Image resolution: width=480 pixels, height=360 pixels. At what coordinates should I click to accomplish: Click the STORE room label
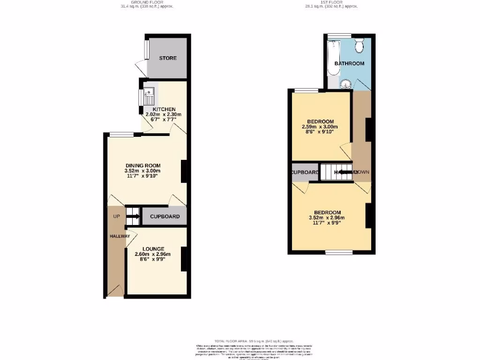168,58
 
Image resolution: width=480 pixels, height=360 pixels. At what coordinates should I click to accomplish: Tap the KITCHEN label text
164,109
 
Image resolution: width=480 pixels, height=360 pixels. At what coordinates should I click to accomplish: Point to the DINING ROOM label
143,165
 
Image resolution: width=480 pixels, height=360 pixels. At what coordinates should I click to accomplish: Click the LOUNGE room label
153,248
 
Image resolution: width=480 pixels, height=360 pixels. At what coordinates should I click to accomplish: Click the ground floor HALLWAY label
120,236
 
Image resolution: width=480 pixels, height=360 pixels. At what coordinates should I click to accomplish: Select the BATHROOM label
349,63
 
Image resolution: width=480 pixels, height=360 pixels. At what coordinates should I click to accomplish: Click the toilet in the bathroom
360,45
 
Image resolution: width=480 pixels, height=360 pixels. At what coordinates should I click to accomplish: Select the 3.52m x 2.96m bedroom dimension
327,217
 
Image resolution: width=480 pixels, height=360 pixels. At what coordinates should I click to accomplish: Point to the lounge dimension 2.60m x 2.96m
153,254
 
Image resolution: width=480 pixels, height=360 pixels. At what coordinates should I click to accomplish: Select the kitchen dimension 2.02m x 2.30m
164,114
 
